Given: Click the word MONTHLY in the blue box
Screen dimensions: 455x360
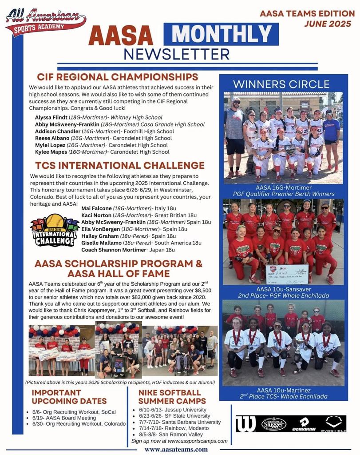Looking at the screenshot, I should (x=221, y=34).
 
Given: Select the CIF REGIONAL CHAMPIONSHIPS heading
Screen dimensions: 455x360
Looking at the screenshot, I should (x=118, y=77).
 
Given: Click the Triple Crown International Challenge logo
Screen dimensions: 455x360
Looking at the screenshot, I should (x=54, y=230).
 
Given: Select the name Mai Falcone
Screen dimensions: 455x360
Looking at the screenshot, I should (x=96, y=208).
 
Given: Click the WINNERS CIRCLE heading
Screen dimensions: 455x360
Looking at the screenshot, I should (x=281, y=84).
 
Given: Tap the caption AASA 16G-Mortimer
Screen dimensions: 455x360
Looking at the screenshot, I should (x=284, y=187).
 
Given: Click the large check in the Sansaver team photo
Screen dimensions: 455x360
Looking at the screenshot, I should (x=287, y=274).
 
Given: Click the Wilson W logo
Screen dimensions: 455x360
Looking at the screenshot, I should (x=246, y=424).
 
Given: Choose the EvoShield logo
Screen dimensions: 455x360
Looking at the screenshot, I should (x=333, y=424).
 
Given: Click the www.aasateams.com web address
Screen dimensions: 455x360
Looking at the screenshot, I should (x=176, y=449).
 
